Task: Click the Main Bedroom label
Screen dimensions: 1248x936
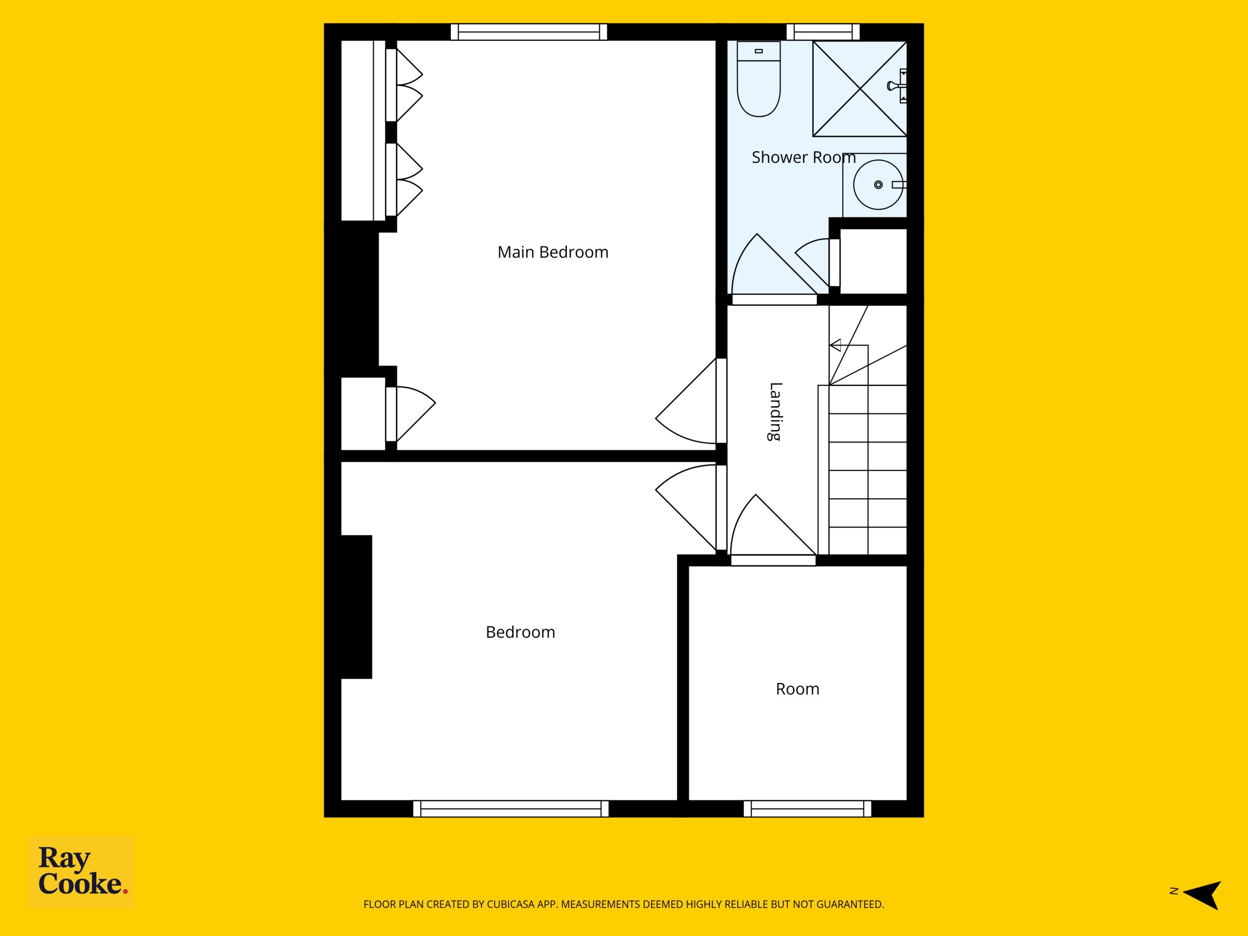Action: point(553,252)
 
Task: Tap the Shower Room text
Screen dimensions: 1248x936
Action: point(803,157)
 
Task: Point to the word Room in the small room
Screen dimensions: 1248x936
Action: point(797,689)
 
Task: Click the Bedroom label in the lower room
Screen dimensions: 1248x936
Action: point(520,632)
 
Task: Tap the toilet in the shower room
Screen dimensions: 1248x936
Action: point(759,79)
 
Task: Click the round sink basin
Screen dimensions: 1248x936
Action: point(875,184)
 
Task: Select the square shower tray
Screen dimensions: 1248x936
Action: point(859,89)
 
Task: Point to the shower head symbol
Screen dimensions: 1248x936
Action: point(897,86)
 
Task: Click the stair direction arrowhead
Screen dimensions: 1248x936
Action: point(836,345)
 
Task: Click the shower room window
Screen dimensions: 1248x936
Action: point(823,32)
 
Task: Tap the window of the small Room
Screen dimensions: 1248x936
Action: point(807,808)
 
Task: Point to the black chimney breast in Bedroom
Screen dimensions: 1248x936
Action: point(356,606)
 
